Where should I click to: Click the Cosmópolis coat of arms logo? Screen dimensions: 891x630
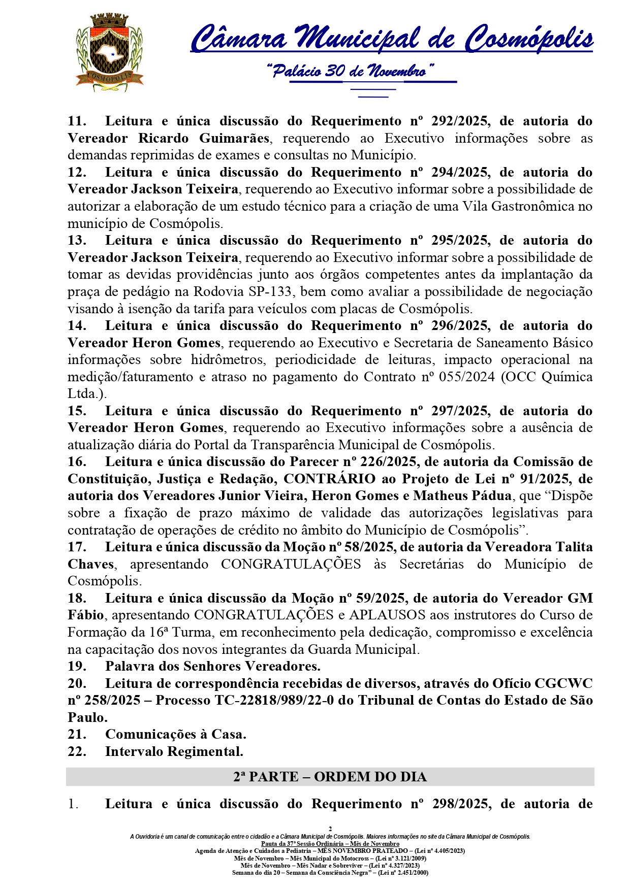point(109,52)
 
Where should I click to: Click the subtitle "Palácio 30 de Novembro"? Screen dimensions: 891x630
point(350,71)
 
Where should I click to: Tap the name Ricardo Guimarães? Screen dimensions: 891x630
point(204,139)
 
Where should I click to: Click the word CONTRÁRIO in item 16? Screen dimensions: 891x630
point(329,479)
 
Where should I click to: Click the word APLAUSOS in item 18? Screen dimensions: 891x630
point(387,615)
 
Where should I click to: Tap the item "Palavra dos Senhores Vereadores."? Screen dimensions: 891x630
point(212,667)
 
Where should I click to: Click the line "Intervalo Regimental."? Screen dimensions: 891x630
point(174,752)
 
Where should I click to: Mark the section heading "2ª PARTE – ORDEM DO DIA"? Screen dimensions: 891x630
point(330,777)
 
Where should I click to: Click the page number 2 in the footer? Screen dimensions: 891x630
point(330,829)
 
